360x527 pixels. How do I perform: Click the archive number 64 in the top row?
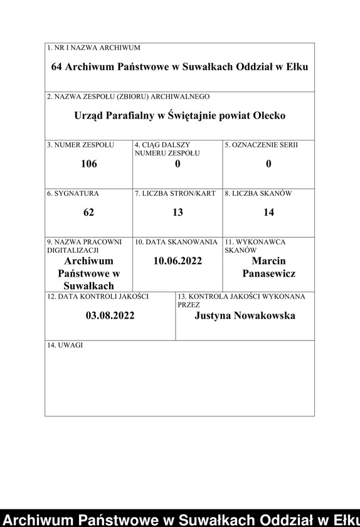coord(58,67)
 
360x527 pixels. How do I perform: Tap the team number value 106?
coord(89,164)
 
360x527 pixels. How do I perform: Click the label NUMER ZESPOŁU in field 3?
coord(84,145)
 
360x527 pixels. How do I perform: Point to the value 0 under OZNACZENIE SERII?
coord(268,164)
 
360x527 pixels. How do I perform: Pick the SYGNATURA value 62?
coord(88,212)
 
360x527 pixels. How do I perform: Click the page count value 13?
coord(177,212)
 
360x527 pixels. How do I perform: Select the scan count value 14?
coord(268,212)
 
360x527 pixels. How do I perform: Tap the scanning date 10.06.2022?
coord(177,260)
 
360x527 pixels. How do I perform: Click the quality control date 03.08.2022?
coord(110,315)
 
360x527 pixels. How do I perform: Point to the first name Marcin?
coord(268,260)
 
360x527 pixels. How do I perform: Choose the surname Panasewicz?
coord(268,274)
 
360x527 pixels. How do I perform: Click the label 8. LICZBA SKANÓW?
coord(258,193)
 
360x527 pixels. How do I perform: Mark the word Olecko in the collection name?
coord(269,116)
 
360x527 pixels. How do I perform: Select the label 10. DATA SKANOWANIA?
coord(176,242)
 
